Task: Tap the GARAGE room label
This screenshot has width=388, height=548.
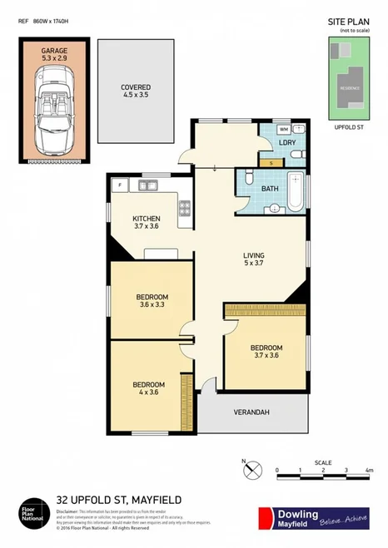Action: [x=55, y=52]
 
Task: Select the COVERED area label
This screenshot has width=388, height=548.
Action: [x=136, y=86]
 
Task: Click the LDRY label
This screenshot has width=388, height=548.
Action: [x=288, y=143]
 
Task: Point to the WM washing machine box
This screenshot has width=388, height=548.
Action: [x=284, y=130]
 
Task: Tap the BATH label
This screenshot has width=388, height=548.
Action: [x=267, y=189]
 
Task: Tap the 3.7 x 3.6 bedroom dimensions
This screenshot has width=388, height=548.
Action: [x=266, y=356]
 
